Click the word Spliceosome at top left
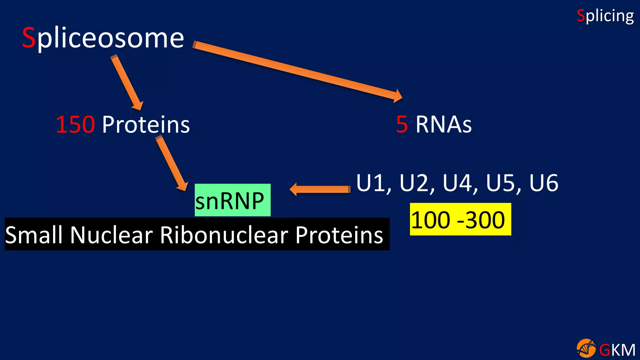(103, 38)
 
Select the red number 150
(75, 124)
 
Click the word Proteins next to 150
(146, 124)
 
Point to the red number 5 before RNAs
(402, 124)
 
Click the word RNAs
(443, 124)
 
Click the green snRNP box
(232, 200)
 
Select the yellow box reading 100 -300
(460, 219)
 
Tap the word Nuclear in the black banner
(112, 235)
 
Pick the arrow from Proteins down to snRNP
(172, 164)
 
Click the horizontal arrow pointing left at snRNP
(320, 189)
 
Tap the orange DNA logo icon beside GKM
(586, 348)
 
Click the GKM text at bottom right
(617, 350)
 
